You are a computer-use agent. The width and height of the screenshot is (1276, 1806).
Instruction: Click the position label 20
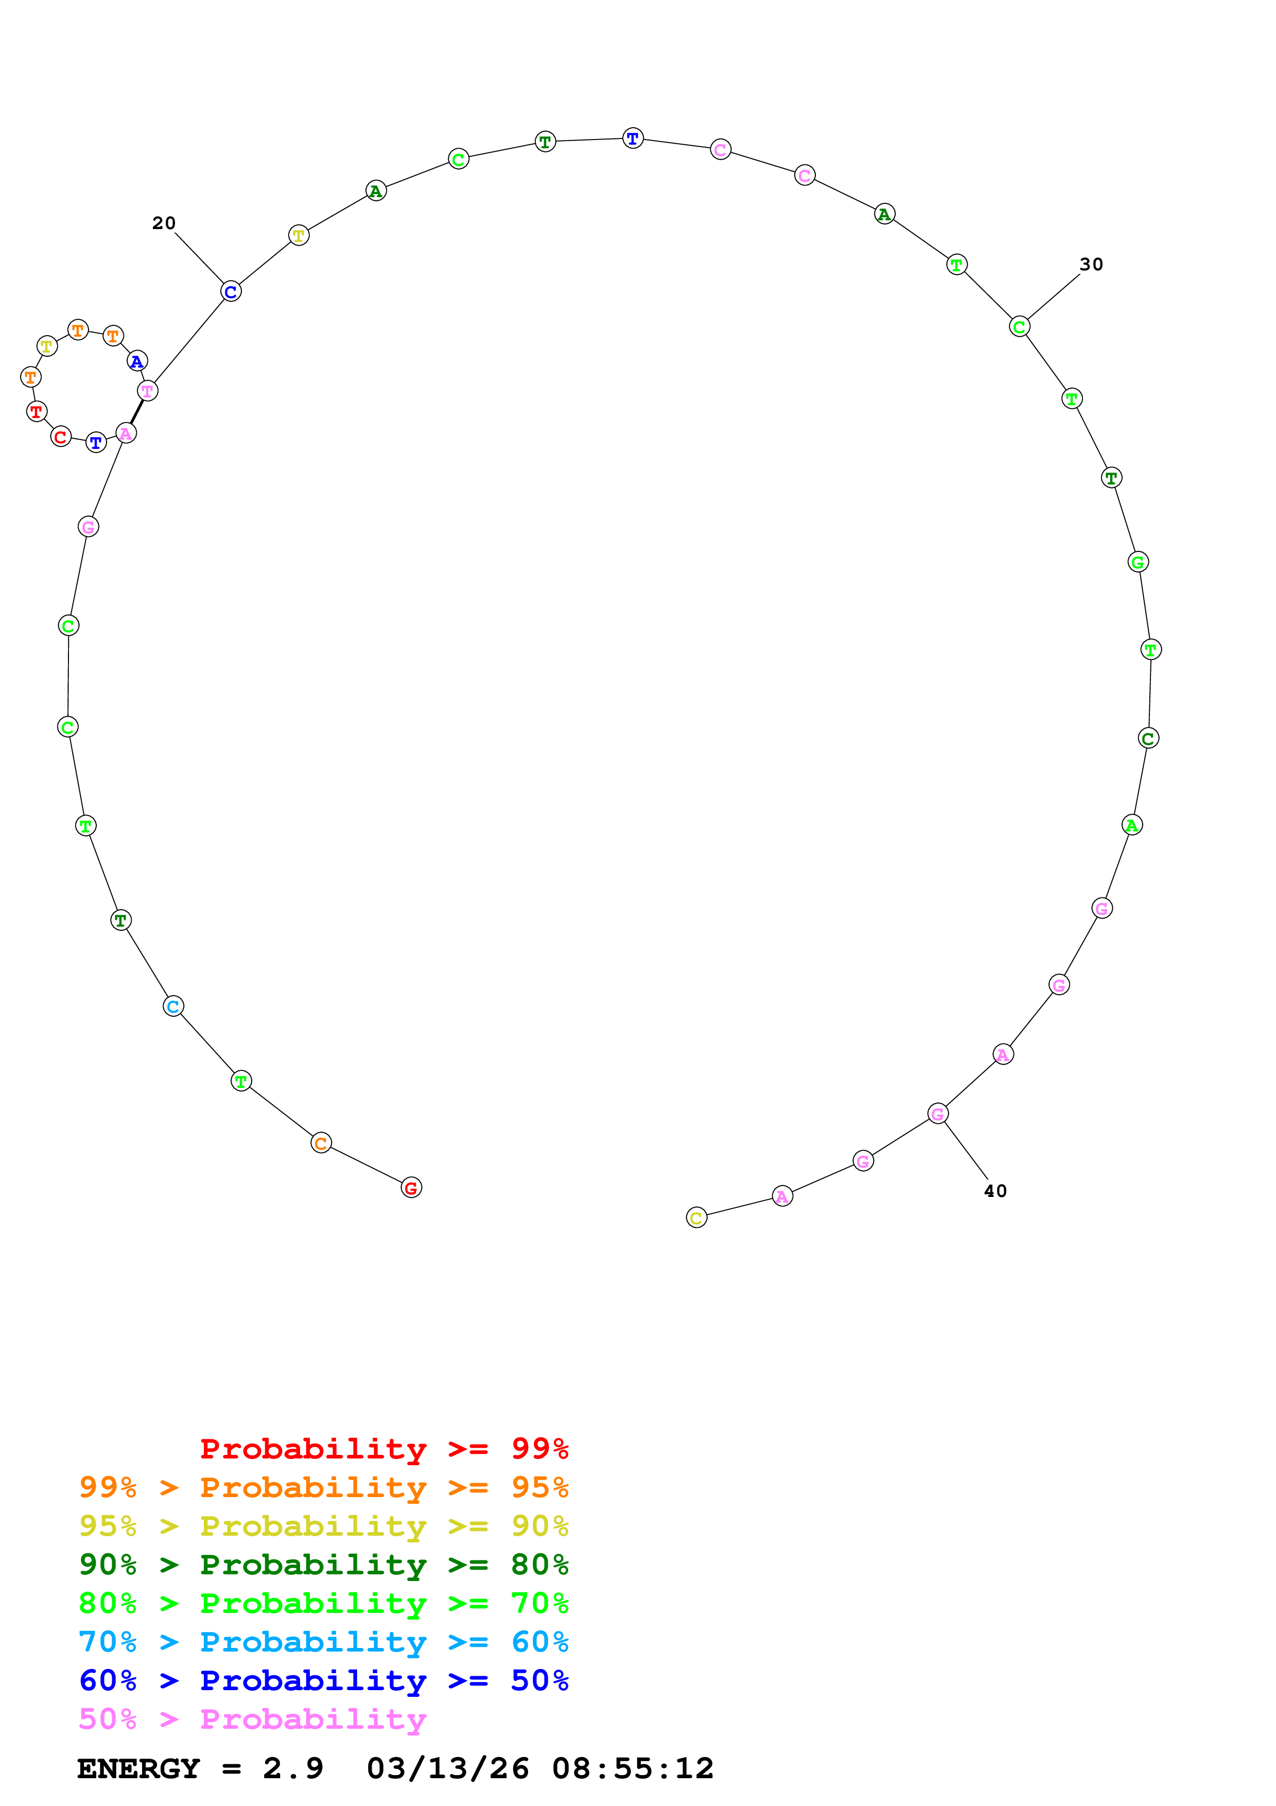164,223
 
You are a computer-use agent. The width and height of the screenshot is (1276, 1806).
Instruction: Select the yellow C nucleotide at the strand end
696,1219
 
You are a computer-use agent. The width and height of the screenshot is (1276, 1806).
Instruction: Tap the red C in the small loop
61,437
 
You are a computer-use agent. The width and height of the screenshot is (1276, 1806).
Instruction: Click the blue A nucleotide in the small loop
137,362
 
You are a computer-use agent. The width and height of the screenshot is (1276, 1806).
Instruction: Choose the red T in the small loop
36,411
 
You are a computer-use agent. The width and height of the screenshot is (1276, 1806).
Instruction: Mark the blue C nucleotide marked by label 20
231,292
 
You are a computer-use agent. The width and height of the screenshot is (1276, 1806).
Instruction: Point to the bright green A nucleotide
1131,825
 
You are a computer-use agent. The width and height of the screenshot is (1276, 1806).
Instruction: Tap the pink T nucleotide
147,391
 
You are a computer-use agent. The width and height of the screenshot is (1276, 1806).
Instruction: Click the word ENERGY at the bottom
138,1769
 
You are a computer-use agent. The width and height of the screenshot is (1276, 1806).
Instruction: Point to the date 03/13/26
447,1769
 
